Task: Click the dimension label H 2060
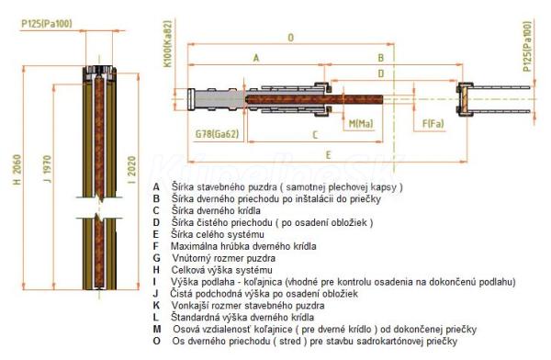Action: pyautogui.click(x=17, y=170)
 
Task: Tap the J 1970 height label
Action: pyautogui.click(x=47, y=169)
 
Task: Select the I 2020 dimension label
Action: pyautogui.click(x=131, y=170)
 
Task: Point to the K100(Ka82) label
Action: pyautogui.click(x=168, y=44)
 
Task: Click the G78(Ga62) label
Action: pyautogui.click(x=217, y=134)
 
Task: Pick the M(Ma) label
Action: pyautogui.click(x=361, y=123)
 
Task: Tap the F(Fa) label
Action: pyautogui.click(x=433, y=123)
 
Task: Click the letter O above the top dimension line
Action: pyautogui.click(x=290, y=38)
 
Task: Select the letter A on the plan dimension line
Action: pyautogui.click(x=256, y=58)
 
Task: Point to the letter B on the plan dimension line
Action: pyautogui.click(x=380, y=58)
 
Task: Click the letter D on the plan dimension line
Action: pyautogui.click(x=381, y=73)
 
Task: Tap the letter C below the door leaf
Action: pyautogui.click(x=315, y=135)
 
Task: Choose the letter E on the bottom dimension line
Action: pyautogui.click(x=328, y=155)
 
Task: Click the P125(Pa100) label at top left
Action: pyautogui.click(x=47, y=24)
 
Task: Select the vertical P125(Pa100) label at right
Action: pyautogui.click(x=527, y=47)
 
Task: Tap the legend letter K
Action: pyautogui.click(x=156, y=305)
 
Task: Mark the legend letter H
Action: pyautogui.click(x=156, y=270)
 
